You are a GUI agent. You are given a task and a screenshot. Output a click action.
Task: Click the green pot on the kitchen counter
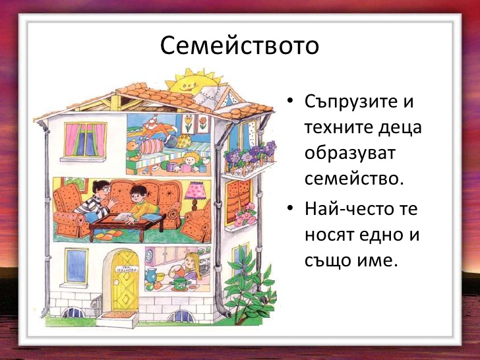pyautogui.click(x=179, y=283)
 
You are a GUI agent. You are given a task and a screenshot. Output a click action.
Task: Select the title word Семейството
pyautogui.click(x=239, y=46)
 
